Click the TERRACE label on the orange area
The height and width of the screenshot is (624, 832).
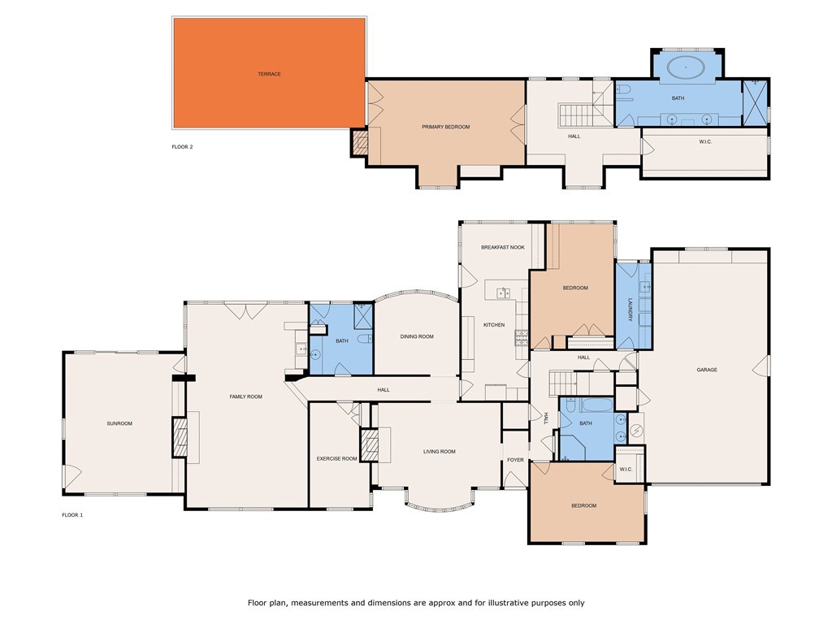pos(269,74)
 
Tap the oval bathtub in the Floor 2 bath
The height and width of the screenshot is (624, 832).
pos(686,68)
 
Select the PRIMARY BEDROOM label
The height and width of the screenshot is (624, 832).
pos(446,127)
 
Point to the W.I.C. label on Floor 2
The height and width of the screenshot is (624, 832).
pos(705,141)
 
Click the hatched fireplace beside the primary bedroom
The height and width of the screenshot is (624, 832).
pos(360,142)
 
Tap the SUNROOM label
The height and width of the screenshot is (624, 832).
pos(119,423)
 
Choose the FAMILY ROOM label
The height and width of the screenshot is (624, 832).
pos(245,396)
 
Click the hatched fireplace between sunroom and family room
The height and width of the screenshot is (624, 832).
pos(180,437)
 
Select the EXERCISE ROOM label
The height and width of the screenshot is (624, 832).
pos(337,458)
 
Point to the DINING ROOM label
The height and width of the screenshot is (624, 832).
pos(417,336)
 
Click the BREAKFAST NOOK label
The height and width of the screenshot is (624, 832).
pos(503,247)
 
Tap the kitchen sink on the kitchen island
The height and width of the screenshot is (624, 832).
pos(503,292)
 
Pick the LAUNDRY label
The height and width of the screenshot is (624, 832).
pos(630,310)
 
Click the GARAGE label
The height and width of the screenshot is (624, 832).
pos(707,370)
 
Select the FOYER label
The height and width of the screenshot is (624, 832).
pos(515,460)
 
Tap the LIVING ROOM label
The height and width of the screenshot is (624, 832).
pos(440,452)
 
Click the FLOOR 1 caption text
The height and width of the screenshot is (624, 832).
pos(72,514)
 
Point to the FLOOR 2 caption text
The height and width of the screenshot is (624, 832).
pos(182,146)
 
